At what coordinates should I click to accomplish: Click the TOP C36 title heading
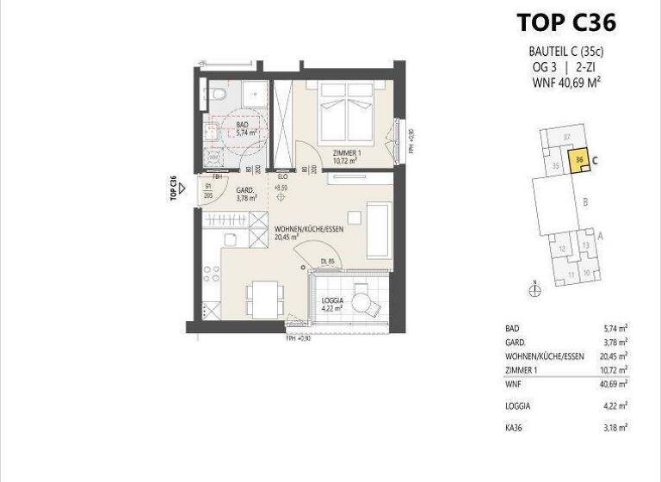(565, 22)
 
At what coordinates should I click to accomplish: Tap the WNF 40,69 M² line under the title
(565, 83)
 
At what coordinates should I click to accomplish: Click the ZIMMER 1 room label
(348, 155)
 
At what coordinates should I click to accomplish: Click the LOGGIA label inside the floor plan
(332, 300)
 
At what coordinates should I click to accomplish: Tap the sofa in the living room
(378, 230)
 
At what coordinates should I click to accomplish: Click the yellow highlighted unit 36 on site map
(581, 160)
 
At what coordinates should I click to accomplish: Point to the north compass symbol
(534, 290)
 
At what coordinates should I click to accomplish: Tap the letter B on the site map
(584, 203)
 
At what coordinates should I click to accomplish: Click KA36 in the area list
(514, 426)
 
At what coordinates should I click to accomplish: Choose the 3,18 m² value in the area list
(616, 426)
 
